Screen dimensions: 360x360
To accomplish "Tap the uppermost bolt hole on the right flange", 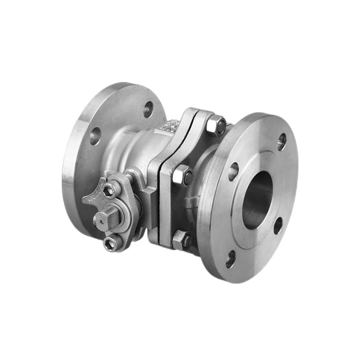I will (282, 141).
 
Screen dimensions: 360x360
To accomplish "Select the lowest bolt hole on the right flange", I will (230, 258).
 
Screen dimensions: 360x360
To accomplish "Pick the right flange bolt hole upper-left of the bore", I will (234, 171).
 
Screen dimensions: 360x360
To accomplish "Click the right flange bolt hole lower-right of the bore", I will (278, 225).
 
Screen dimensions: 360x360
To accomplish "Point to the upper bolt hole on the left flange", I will (148, 109).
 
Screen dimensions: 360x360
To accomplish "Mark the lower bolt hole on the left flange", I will (95, 136).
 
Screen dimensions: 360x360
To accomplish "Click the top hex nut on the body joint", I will (216, 125).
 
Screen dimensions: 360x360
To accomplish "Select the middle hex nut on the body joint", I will (183, 175).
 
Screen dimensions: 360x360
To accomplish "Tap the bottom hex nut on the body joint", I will (181, 240).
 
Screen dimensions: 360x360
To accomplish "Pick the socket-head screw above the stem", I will (109, 191).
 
